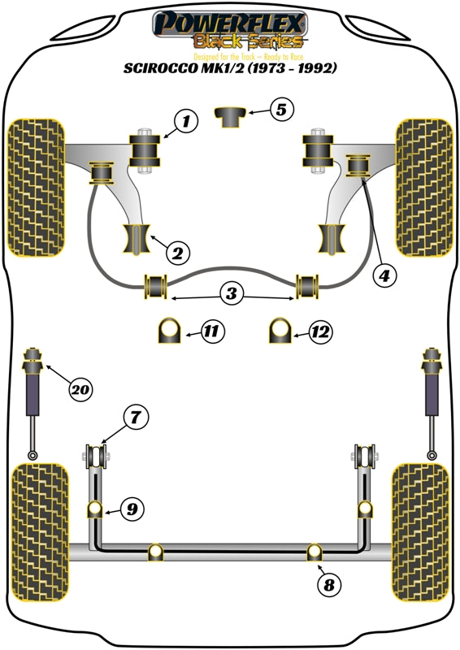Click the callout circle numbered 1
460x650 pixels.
click(x=186, y=123)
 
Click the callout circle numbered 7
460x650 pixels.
click(x=136, y=418)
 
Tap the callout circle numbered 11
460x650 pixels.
click(x=189, y=331)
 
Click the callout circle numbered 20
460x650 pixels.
click(x=79, y=391)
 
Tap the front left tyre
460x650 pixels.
click(x=35, y=187)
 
